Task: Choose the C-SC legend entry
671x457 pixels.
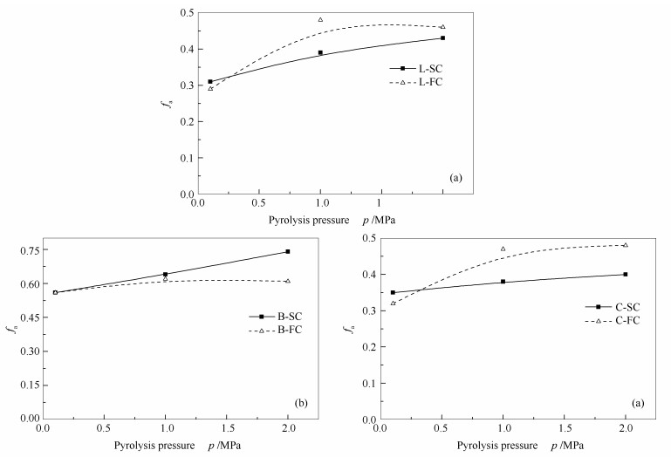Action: pyautogui.click(x=620, y=306)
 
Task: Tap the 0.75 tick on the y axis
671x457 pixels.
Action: pyautogui.click(x=26, y=250)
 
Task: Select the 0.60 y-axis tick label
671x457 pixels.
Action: pyautogui.click(x=26, y=283)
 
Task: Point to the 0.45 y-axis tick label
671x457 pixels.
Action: pyautogui.click(x=26, y=317)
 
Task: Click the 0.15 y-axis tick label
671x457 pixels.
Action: pyautogui.click(x=26, y=385)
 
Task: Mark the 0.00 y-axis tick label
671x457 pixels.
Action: pyautogui.click(x=26, y=418)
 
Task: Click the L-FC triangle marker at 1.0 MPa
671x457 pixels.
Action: pyautogui.click(x=320, y=19)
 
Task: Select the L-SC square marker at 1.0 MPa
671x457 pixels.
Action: pyautogui.click(x=320, y=52)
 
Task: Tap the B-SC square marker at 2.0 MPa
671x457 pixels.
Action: pyautogui.click(x=288, y=251)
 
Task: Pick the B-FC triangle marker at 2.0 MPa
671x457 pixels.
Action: pyautogui.click(x=288, y=281)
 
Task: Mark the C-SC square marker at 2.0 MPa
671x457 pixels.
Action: pyautogui.click(x=626, y=274)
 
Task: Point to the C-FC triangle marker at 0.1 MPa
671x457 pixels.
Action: pyautogui.click(x=393, y=303)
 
